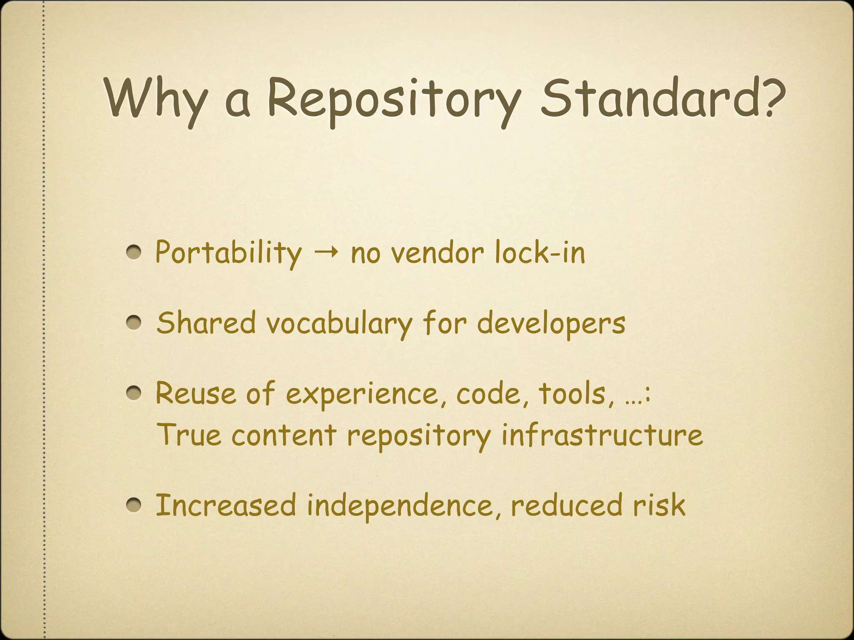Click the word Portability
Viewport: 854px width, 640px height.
(x=228, y=252)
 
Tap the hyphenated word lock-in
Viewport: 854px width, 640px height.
(x=540, y=252)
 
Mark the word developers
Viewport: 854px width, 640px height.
(x=551, y=323)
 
